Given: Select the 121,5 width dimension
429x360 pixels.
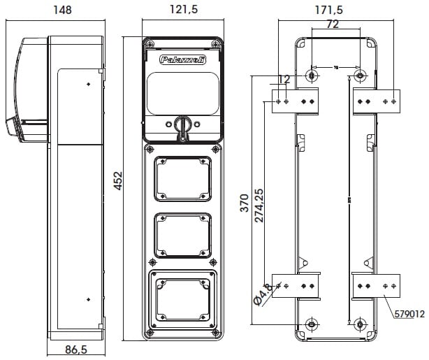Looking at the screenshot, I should point(182,10).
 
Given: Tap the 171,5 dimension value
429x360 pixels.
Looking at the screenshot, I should point(333,10).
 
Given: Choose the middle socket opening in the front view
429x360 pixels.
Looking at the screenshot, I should point(182,236).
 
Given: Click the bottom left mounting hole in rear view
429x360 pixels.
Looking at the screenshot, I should point(312,324).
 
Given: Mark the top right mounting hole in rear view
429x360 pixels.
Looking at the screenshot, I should point(360,75).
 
